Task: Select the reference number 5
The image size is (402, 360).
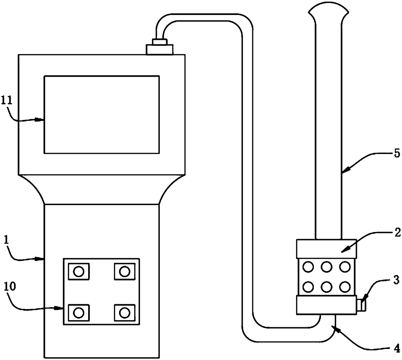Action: (x=397, y=154)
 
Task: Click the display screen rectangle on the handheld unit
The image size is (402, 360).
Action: (x=101, y=114)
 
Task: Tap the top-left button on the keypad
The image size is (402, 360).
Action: (x=78, y=271)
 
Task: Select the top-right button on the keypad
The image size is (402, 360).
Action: (x=124, y=271)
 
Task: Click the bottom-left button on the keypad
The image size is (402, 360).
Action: (x=78, y=313)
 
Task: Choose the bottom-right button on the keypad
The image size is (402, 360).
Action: (x=124, y=313)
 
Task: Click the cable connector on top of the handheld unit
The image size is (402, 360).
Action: (x=160, y=47)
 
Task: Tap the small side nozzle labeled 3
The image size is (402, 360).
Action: (x=361, y=305)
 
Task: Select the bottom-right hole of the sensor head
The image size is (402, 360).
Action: (x=345, y=286)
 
